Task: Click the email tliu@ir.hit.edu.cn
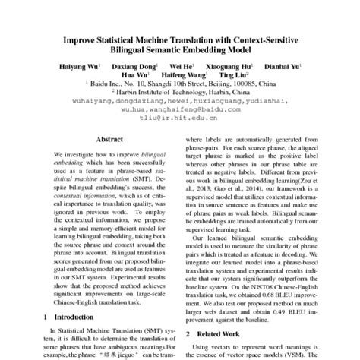click(181, 118)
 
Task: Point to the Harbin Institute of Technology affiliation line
click(181, 93)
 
